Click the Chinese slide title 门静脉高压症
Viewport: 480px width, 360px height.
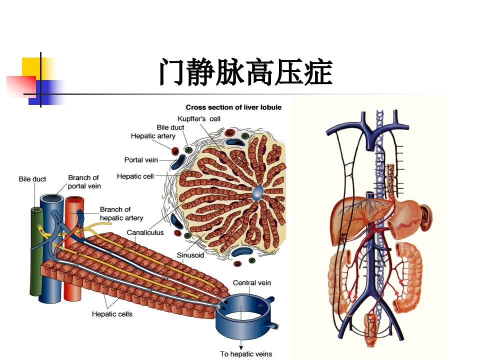pos(246,72)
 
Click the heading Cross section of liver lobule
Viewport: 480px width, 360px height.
pos(233,107)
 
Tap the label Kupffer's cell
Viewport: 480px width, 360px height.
pos(199,119)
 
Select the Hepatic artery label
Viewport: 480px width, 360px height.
pos(153,136)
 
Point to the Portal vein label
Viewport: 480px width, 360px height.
pos(141,160)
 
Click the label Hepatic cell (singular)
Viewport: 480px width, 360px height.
pos(135,176)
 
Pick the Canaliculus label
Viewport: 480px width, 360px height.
pos(145,232)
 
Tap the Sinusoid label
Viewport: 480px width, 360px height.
pos(190,255)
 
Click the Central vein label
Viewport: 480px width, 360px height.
pos(252,283)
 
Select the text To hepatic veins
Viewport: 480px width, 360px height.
pos(246,354)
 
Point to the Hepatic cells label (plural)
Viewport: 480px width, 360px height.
pos(112,314)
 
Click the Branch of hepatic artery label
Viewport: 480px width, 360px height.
pos(121,213)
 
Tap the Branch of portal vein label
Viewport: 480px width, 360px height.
pos(84,182)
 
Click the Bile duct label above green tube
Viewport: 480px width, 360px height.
pos(32,179)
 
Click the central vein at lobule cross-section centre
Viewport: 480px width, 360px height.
pos(257,192)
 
